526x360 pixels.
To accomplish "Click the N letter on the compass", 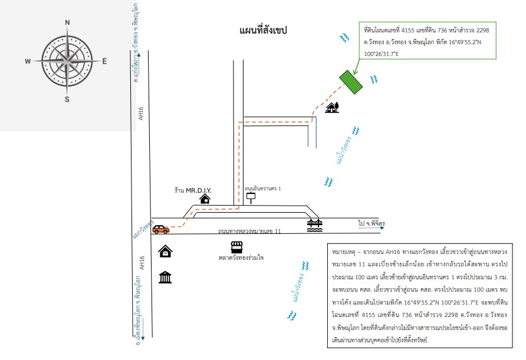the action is [x=67, y=22].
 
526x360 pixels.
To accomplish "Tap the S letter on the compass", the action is [x=67, y=99].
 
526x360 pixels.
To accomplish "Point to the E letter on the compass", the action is [x=104, y=61].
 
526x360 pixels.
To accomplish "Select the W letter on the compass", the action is [x=28, y=61].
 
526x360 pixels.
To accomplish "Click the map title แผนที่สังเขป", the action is [x=263, y=30].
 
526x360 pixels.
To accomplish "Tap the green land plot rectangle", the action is [x=351, y=82].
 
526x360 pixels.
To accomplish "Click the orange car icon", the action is [x=161, y=229].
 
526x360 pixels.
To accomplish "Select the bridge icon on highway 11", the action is [x=315, y=225].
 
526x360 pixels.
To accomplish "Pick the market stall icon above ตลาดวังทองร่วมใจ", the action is [x=237, y=247].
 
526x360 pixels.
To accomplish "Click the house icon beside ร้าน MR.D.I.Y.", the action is [x=205, y=199].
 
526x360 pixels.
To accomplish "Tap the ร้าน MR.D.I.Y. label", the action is [x=193, y=190].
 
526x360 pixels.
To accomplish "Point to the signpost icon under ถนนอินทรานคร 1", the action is [x=251, y=198].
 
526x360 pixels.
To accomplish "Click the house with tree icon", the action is [x=332, y=107].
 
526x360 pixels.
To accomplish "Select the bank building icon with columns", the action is [x=165, y=278].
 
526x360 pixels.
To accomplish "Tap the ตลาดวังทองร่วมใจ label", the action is [x=241, y=257].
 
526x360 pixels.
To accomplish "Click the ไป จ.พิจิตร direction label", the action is [x=372, y=223].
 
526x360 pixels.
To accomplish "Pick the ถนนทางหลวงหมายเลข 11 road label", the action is [x=249, y=231].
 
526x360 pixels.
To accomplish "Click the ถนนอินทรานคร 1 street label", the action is [x=262, y=189].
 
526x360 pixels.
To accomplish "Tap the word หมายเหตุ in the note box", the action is [x=344, y=252].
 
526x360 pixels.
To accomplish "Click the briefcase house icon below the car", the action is [x=165, y=251].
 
